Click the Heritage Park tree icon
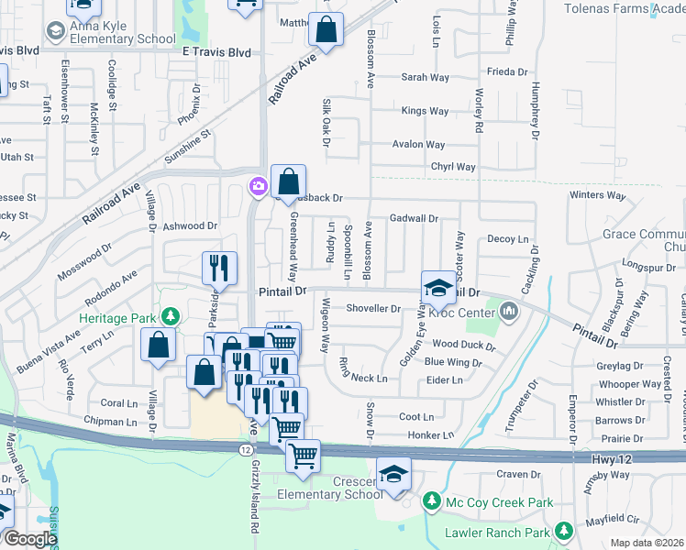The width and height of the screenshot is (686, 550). coord(169,316)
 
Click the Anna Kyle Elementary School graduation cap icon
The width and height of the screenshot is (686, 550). coord(57,32)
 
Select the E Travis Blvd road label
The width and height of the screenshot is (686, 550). coord(216,53)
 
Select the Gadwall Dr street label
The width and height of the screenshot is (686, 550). coord(414,219)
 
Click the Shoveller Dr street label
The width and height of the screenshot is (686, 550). coord(373,309)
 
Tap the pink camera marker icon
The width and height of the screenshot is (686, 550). coord(258,187)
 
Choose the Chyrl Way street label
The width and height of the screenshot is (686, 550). coord(454,167)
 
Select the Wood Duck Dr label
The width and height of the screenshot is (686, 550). coord(463,346)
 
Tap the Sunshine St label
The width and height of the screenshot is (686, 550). coord(188,146)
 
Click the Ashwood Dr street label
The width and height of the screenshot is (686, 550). coord(190,225)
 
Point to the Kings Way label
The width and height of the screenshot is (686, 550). coord(425,111)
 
